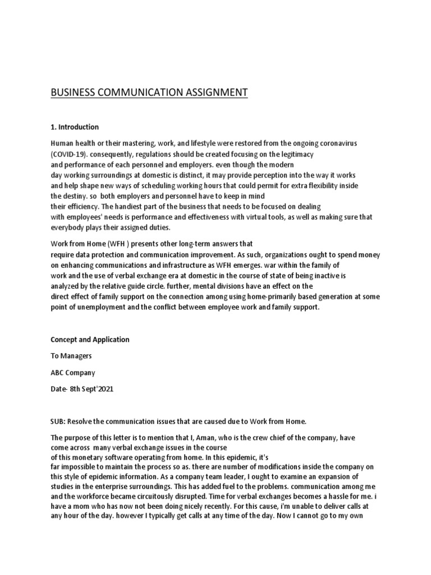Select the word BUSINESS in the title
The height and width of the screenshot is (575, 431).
pos(71,92)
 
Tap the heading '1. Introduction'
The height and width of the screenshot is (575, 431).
pos(74,126)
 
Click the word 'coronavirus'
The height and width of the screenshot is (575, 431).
pos(334,144)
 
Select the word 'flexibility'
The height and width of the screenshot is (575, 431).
pos(324,185)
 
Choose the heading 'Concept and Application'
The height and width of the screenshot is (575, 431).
pos(90,340)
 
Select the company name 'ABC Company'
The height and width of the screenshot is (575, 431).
pos(73,372)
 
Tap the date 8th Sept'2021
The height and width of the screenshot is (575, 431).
pos(91,389)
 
